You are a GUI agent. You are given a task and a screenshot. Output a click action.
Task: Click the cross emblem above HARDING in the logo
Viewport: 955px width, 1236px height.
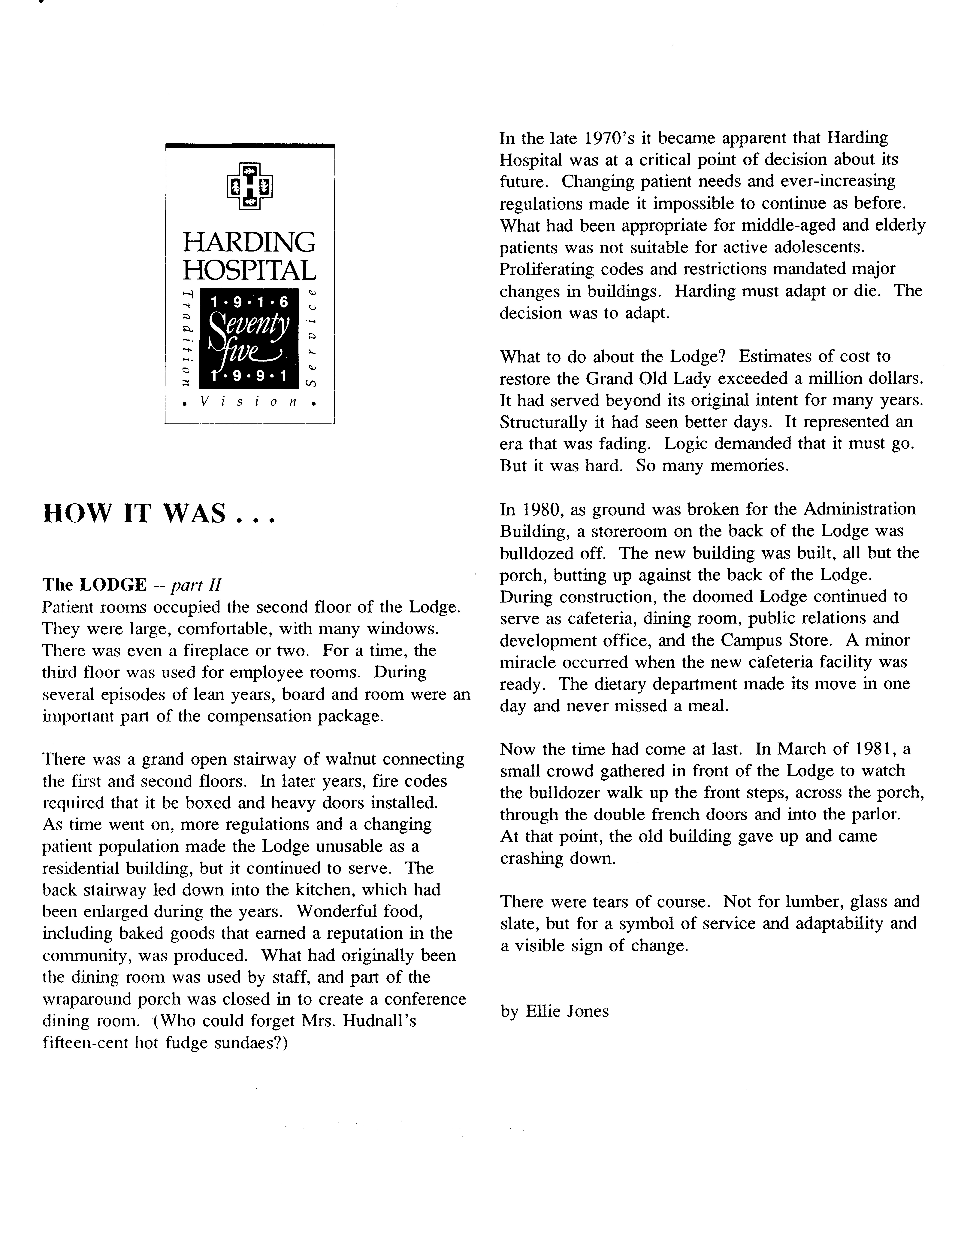[x=249, y=187]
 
